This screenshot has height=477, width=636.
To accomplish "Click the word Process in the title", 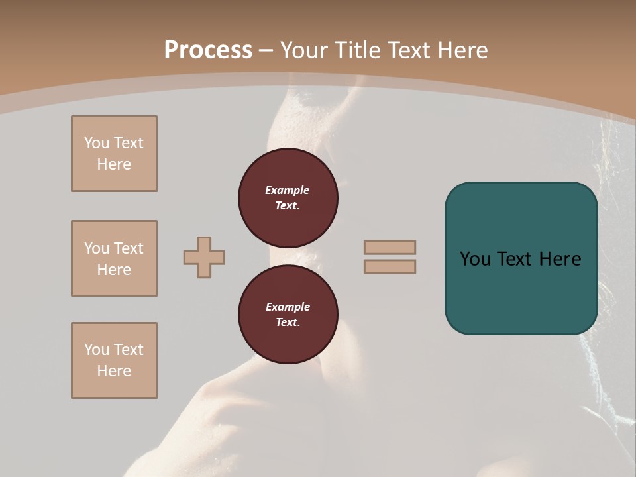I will (208, 50).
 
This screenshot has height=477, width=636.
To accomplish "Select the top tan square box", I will (114, 154).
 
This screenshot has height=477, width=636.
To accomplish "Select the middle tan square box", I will (114, 258).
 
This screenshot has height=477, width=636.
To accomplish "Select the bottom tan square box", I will (114, 360).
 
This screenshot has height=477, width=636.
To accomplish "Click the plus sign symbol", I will (204, 257).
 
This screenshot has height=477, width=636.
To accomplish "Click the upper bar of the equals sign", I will (390, 247).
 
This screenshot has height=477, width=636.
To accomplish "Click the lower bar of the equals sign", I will (390, 266).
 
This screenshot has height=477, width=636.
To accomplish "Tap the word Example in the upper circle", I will (287, 190).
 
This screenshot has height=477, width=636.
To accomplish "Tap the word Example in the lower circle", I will (288, 307).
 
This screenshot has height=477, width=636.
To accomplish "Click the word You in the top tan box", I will (97, 143).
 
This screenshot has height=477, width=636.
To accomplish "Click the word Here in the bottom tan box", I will (114, 371).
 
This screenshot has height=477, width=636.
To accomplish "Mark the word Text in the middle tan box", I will (128, 248).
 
